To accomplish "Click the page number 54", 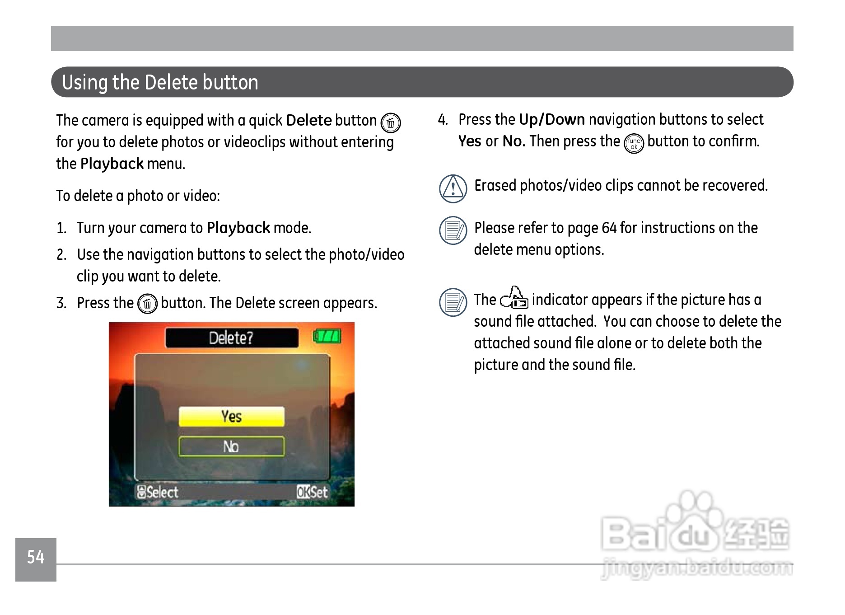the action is click(x=36, y=557).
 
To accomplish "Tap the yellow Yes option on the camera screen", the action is click(x=232, y=416).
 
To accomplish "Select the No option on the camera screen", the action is click(x=232, y=446).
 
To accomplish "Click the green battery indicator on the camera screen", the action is click(x=327, y=336).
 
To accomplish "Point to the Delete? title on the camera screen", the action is click(x=231, y=338).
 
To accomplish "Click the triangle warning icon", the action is click(x=453, y=188).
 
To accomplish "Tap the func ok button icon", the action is click(x=634, y=144).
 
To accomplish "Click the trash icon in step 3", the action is click(x=147, y=304).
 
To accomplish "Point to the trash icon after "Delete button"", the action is click(x=391, y=123).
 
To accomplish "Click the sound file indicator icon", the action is click(x=514, y=298).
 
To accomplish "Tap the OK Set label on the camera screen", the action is click(x=312, y=492).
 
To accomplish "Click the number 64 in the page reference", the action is click(x=609, y=228).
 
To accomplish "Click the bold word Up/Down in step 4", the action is click(x=552, y=120).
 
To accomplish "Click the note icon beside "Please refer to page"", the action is click(x=453, y=230).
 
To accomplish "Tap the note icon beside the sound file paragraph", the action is click(x=453, y=302).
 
